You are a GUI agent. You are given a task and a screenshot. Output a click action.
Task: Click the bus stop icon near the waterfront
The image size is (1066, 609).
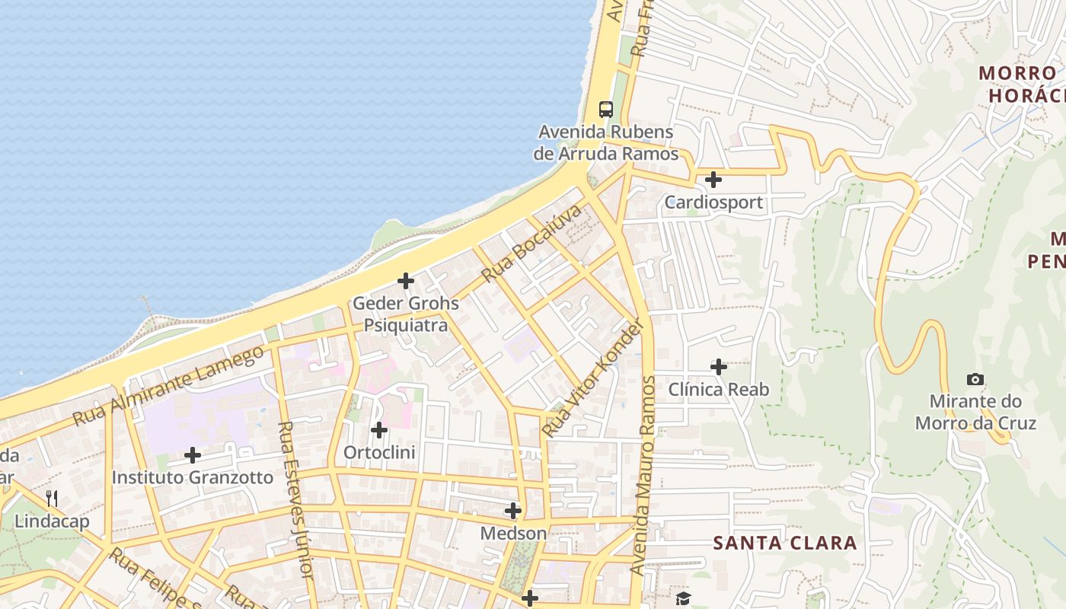[606, 109]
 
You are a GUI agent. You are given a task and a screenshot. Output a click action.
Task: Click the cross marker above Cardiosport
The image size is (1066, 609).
[713, 180]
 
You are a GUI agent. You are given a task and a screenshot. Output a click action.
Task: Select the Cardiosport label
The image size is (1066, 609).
[713, 202]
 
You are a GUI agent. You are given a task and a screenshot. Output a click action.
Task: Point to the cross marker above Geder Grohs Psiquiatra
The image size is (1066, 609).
[406, 281]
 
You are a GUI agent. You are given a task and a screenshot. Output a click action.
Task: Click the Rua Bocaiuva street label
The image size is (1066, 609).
[531, 243]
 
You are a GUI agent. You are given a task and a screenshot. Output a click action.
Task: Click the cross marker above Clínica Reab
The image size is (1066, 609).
[719, 367]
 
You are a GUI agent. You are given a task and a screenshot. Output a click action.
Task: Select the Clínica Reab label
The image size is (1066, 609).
[719, 390]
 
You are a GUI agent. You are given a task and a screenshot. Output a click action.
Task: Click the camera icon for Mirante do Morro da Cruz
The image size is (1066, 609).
[975, 379]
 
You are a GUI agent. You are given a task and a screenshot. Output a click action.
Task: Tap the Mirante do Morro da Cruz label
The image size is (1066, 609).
[975, 412]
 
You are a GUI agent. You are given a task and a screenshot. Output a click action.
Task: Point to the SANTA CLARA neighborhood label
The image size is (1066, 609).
[785, 543]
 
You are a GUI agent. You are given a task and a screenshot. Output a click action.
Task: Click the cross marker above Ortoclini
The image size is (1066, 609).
[379, 430]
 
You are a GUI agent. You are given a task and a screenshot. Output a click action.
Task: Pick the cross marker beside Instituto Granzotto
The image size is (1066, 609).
[193, 455]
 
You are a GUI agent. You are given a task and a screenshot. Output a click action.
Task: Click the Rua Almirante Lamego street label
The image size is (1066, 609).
[168, 385]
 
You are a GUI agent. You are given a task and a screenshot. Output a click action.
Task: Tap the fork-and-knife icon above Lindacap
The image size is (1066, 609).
[52, 499]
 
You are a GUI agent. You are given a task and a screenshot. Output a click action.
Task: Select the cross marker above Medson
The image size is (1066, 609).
[513, 510]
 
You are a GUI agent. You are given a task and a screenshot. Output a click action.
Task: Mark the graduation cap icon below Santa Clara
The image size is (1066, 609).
[683, 598]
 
